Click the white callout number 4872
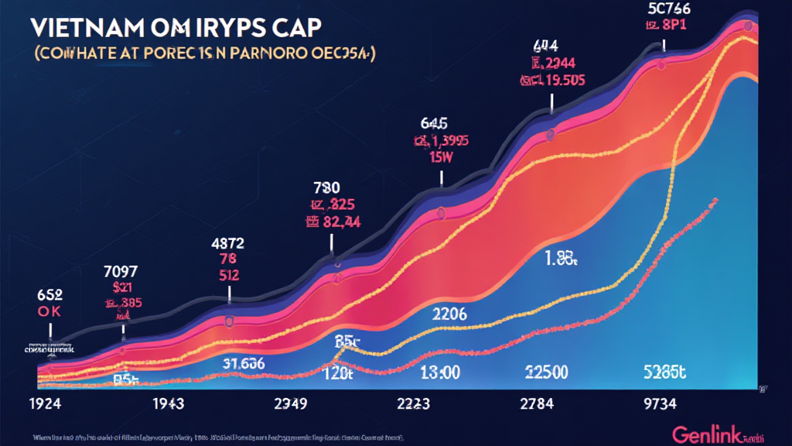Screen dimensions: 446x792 pyautogui.click(x=229, y=242)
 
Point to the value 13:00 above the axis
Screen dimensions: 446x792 pyautogui.click(x=438, y=372)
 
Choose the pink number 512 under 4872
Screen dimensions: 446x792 pyautogui.click(x=229, y=274)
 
